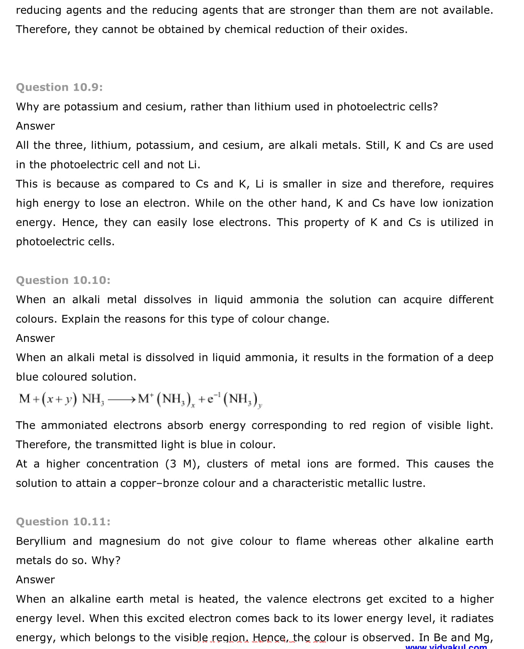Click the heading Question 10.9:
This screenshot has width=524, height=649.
coord(59,87)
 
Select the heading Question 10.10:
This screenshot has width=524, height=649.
coord(63,280)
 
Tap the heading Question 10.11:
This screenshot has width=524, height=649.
coord(63,522)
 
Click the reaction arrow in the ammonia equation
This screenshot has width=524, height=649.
coord(121,399)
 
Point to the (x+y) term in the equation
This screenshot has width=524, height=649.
coord(59,399)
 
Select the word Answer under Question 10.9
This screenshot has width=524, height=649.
coord(35,126)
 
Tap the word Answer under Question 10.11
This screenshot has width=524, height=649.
coord(35,580)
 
